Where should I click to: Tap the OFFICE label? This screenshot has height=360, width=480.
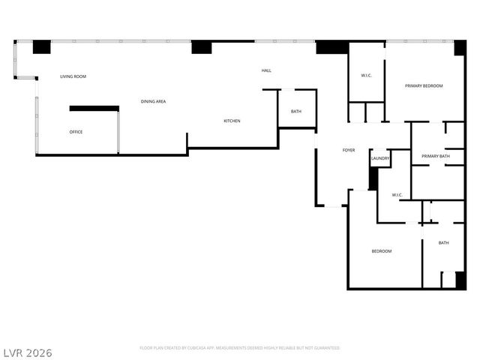76,132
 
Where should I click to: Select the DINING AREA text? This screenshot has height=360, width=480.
153,100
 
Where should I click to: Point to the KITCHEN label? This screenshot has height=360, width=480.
232,121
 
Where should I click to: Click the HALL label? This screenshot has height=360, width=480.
266,70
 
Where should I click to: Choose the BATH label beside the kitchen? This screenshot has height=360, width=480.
296,112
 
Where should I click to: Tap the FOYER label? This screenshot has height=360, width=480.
349,150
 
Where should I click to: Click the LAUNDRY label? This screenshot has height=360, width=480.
380,158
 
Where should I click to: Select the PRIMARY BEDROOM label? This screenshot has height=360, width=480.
424,86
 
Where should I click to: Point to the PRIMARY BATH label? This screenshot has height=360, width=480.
435,156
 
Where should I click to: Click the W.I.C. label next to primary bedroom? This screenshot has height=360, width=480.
367,75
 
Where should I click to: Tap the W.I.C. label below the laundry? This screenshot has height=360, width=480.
397,195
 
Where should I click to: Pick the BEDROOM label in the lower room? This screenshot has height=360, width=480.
382,251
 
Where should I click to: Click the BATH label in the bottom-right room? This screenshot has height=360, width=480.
443,242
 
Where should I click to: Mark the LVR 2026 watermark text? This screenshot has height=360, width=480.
27,352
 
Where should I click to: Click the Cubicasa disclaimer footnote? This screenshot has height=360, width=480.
239,348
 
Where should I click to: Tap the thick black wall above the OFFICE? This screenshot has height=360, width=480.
94,109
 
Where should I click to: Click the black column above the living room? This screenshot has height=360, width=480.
42,46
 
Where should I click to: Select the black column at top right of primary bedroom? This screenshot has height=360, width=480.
460,47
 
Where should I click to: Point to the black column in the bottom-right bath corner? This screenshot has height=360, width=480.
460,280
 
